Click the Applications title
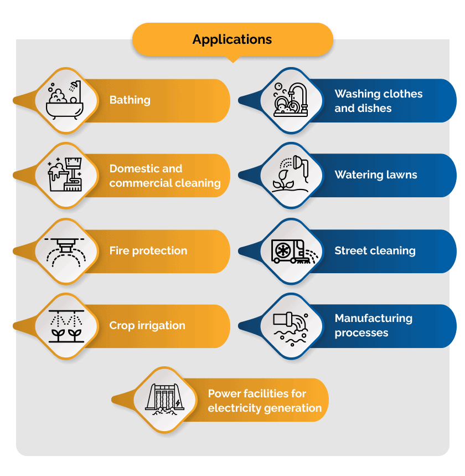[x=232, y=40]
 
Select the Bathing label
[x=130, y=100]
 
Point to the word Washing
[x=357, y=94]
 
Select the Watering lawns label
[x=376, y=175]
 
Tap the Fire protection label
[x=148, y=250]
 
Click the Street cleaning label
[x=375, y=250]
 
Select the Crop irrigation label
[x=147, y=326]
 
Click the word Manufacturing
[x=374, y=319]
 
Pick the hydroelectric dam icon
[x=165, y=400]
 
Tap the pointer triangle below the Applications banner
[x=232, y=59]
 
